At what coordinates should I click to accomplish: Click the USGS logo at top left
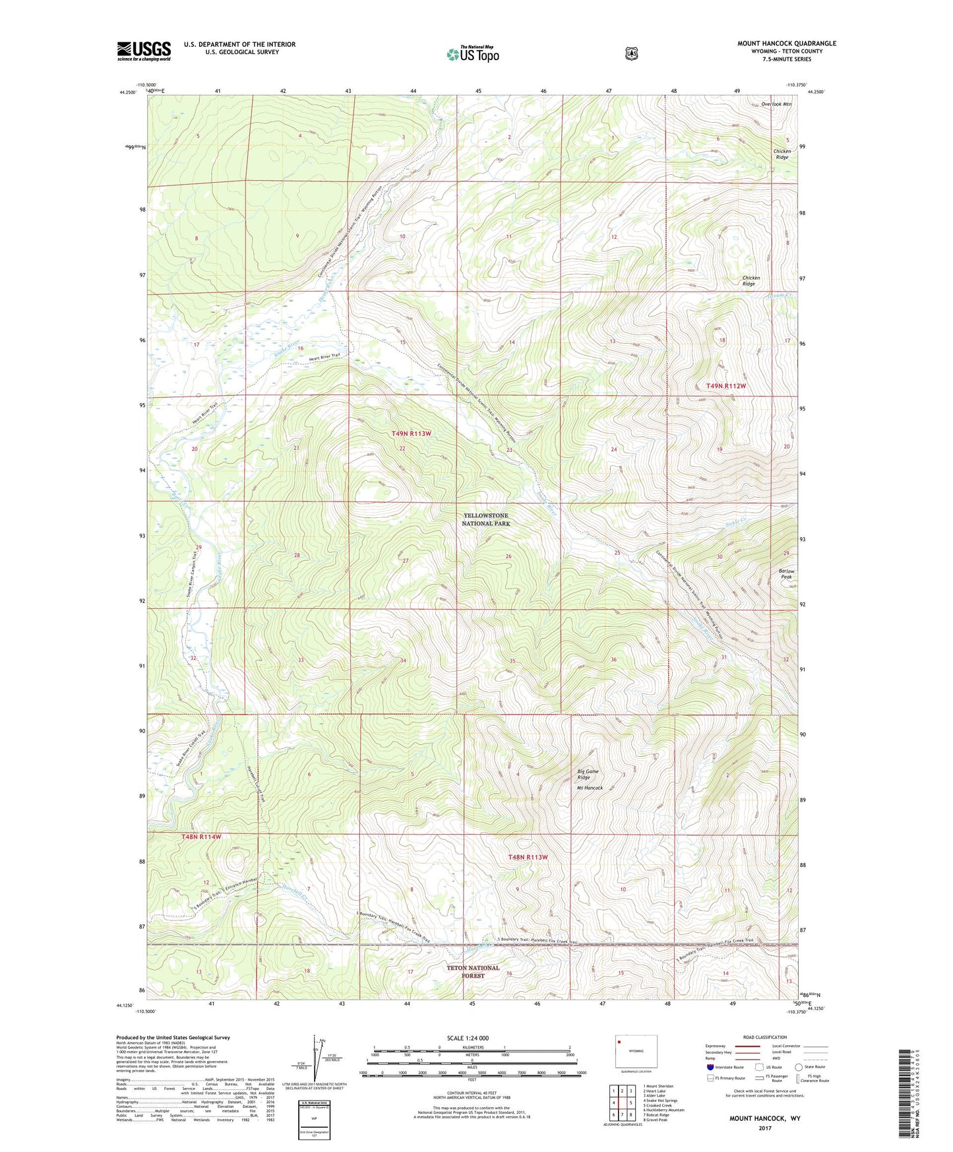click(144, 51)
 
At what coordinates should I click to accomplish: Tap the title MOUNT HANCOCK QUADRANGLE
click(786, 44)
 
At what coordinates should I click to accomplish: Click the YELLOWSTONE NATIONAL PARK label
click(485, 519)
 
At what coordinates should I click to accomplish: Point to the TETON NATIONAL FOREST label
click(473, 972)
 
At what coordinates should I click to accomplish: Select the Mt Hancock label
click(590, 788)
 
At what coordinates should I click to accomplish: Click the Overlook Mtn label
click(776, 104)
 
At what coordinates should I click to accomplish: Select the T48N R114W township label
click(201, 837)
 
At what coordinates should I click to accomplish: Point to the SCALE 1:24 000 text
click(468, 1038)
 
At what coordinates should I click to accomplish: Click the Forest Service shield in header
click(631, 53)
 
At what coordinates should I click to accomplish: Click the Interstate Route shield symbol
click(710, 1067)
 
